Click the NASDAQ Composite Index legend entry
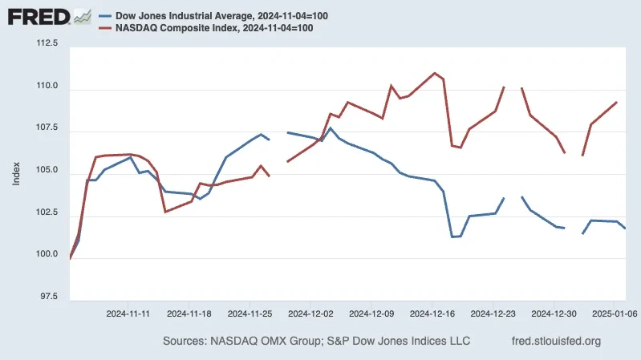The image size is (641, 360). click(x=213, y=28)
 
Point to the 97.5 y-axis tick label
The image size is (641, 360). click(x=48, y=297)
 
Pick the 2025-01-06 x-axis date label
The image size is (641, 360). click(x=614, y=313)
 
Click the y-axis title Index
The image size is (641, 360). click(x=16, y=171)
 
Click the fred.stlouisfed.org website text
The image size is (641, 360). click(x=555, y=342)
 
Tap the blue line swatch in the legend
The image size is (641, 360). click(x=105, y=15)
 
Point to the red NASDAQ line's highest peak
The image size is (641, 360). click(x=435, y=73)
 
